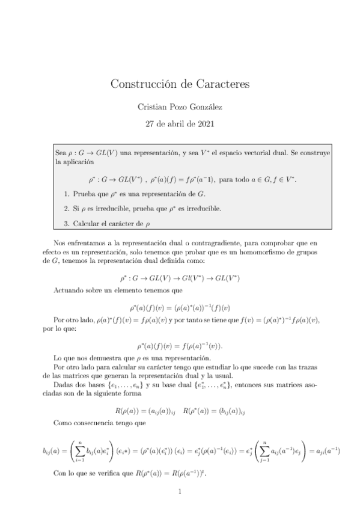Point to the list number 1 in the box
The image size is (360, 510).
pyautogui.click(x=65, y=194)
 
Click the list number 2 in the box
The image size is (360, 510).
pyautogui.click(x=65, y=209)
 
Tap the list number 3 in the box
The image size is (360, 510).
pyautogui.click(x=65, y=224)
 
